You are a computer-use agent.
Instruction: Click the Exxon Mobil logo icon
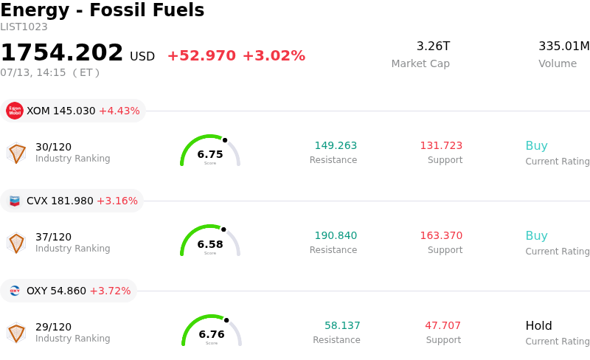(15, 111)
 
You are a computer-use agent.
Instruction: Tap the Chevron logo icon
(15, 201)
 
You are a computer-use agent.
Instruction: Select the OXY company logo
(15, 291)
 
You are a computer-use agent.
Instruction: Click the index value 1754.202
(62, 52)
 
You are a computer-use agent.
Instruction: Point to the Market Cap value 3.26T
(433, 46)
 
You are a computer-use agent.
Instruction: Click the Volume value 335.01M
(564, 46)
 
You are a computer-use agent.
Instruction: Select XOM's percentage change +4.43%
(119, 111)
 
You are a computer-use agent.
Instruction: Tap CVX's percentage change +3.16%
(117, 201)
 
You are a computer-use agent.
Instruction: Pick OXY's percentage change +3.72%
(110, 291)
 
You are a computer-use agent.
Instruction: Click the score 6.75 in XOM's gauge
(210, 154)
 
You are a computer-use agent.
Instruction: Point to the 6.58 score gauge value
(210, 244)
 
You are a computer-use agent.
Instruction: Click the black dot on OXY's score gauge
(226, 320)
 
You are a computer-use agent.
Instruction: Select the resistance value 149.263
(336, 145)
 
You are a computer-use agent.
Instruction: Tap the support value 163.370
(441, 235)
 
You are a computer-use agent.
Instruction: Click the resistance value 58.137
(342, 325)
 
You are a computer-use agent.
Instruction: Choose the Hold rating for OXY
(539, 325)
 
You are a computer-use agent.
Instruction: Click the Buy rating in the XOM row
(537, 146)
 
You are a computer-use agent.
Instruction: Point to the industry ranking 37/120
(53, 237)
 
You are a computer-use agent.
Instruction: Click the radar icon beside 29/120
(16, 333)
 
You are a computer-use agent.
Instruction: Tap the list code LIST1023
(24, 27)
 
